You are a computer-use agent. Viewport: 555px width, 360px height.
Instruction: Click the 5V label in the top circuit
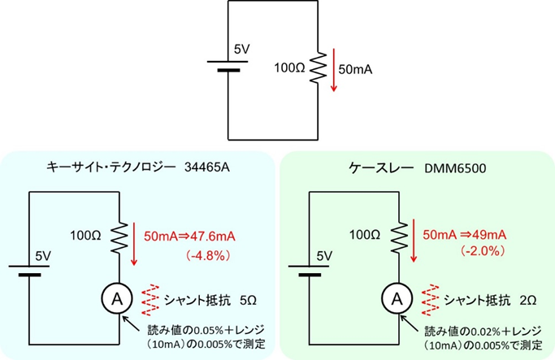pyautogui.click(x=241, y=50)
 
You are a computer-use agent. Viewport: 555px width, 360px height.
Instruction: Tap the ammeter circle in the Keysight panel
pyautogui.click(x=116, y=299)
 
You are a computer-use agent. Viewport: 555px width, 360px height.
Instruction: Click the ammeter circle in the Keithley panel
pyautogui.click(x=397, y=299)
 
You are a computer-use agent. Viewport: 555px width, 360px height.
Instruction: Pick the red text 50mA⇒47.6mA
pyautogui.click(x=189, y=236)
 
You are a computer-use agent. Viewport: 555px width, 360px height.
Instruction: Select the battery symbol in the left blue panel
pyautogui.click(x=30, y=271)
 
